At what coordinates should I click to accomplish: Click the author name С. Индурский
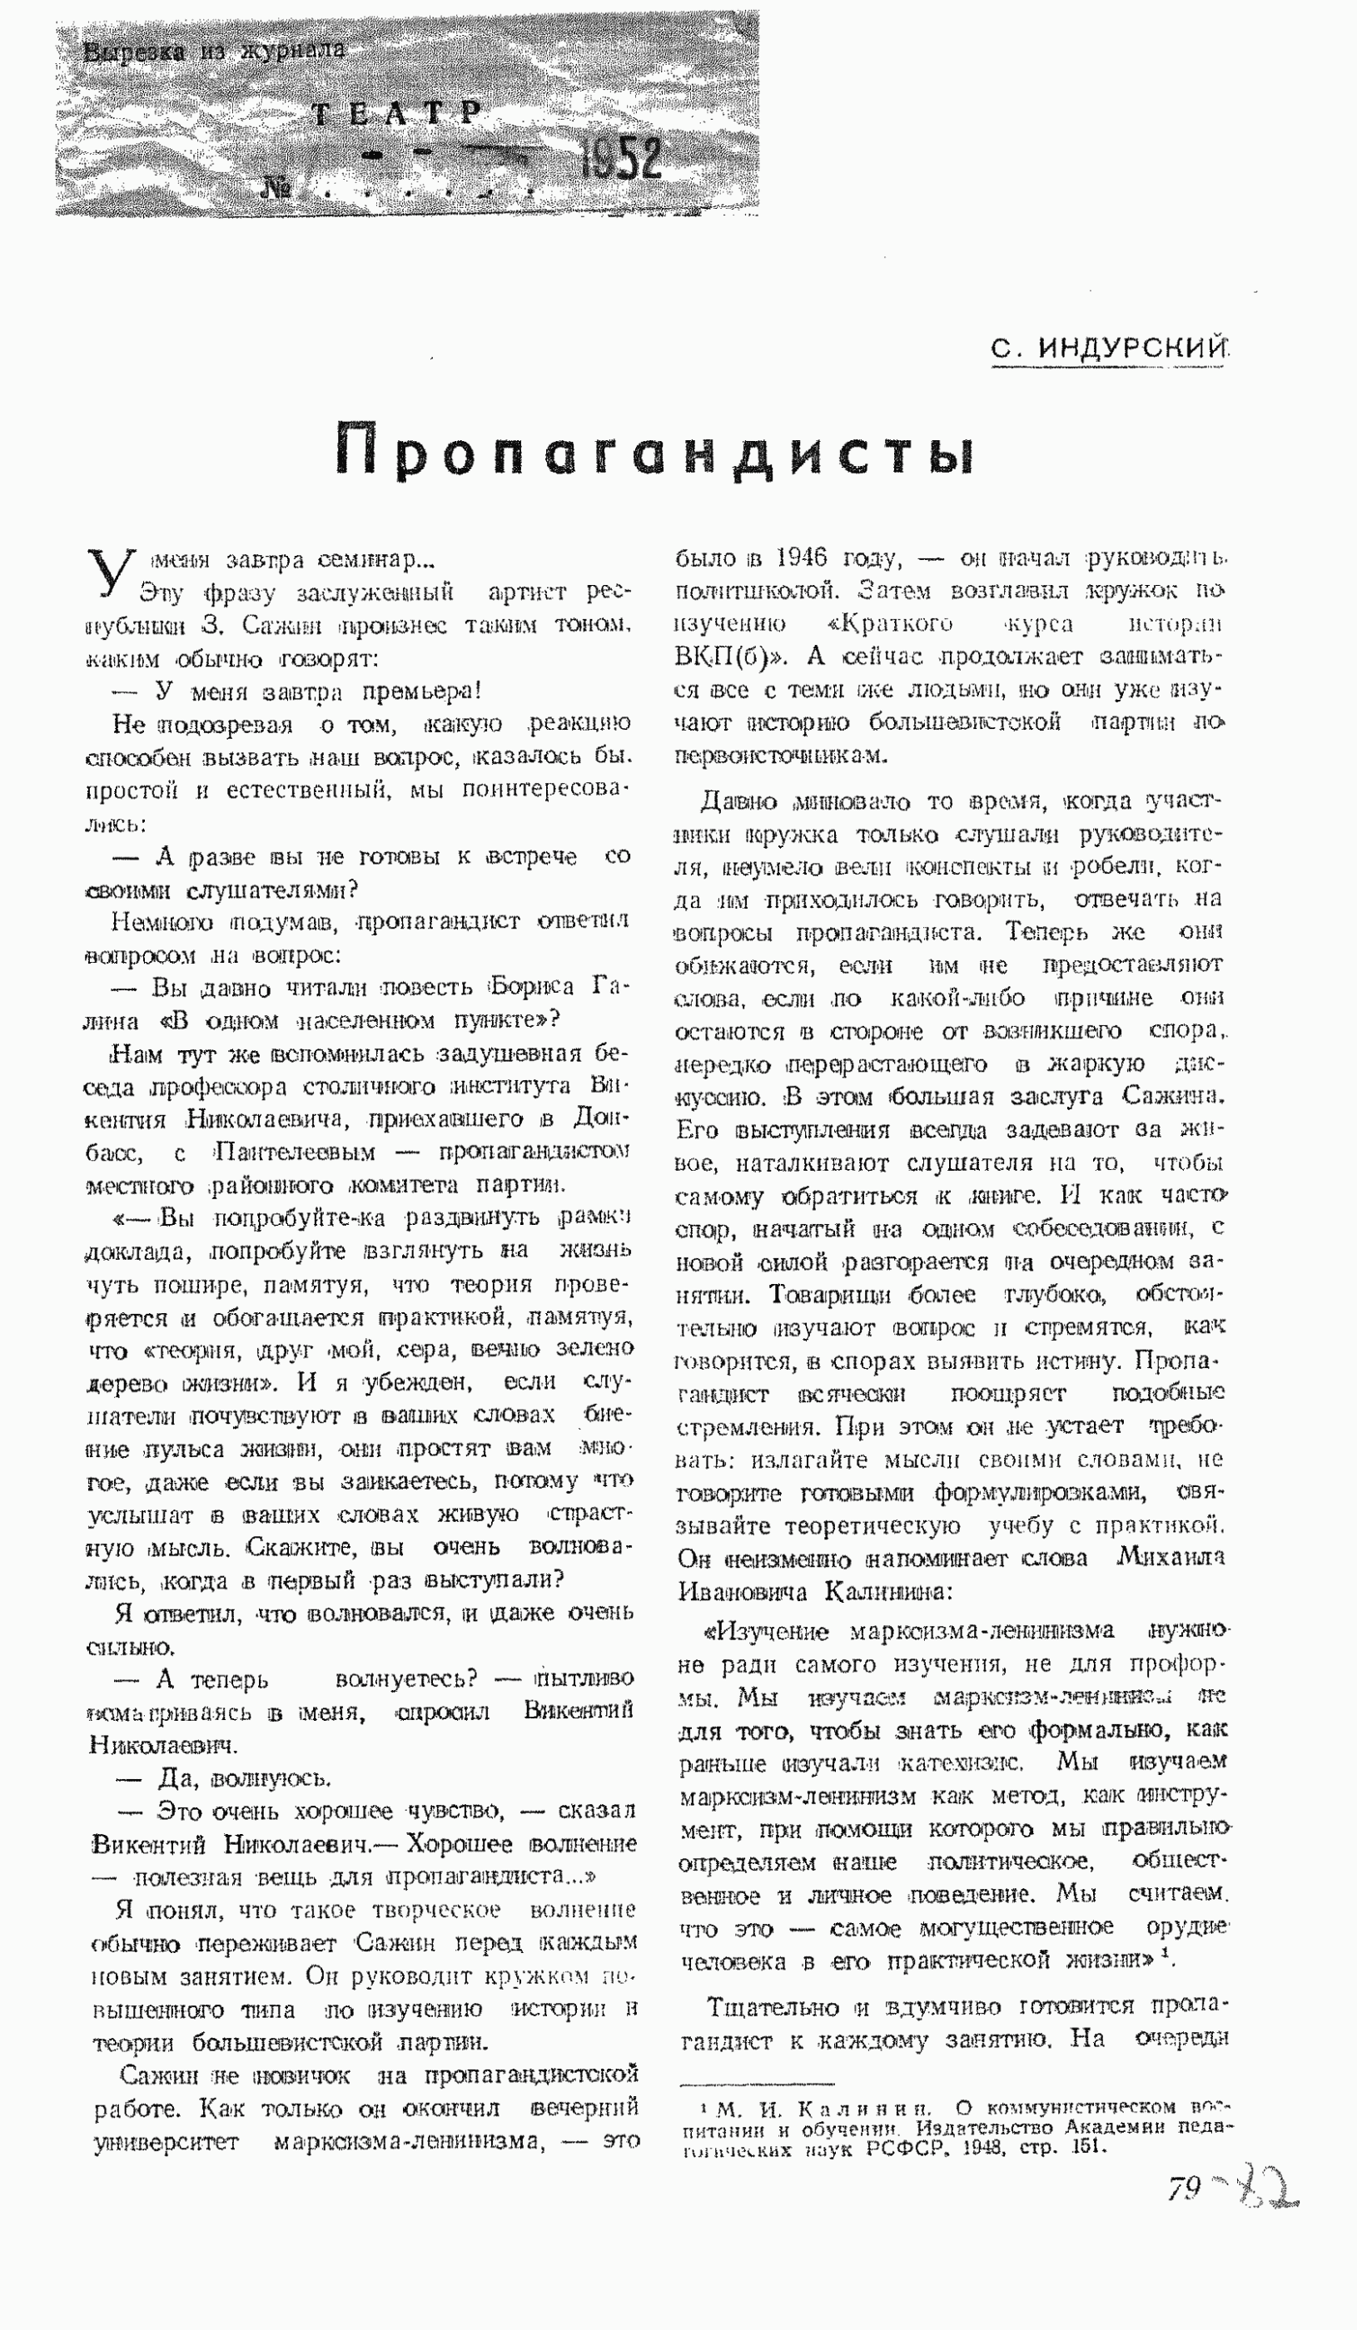tap(1109, 349)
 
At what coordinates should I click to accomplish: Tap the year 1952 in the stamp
tap(621, 160)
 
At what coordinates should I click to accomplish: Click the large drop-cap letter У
tap(109, 573)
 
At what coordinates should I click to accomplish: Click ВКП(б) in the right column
tap(730, 657)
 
